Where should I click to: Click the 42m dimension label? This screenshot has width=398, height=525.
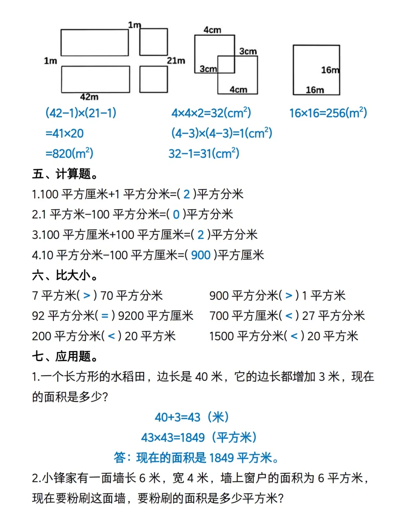[89, 97]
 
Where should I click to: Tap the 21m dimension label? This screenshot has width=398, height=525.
[176, 60]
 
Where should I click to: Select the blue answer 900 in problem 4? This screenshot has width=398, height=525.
[201, 255]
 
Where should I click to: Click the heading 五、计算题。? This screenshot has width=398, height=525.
[65, 173]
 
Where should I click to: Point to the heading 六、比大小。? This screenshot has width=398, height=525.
[65, 275]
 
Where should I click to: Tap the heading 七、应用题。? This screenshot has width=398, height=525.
[65, 356]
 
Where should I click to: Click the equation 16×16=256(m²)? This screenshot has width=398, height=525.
[328, 113]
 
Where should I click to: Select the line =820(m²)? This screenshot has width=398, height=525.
[69, 153]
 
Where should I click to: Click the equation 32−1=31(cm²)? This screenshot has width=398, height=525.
[204, 153]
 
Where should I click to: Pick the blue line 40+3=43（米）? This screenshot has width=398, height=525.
[192, 417]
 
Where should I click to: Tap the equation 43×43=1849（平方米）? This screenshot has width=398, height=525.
[199, 437]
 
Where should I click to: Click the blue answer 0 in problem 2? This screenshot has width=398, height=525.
[176, 214]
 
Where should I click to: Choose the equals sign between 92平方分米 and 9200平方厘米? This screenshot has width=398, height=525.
[105, 316]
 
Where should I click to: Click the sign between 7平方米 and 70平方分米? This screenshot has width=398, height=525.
[87, 295]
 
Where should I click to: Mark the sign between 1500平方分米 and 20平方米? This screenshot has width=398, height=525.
[294, 336]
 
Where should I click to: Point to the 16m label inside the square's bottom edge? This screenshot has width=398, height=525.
[315, 90]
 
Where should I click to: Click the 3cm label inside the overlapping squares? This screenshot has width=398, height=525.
[208, 69]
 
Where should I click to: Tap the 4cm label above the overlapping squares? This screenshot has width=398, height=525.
[212, 30]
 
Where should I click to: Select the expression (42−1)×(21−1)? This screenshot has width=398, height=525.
[81, 113]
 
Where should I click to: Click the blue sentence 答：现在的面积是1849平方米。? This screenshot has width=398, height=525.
[196, 458]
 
